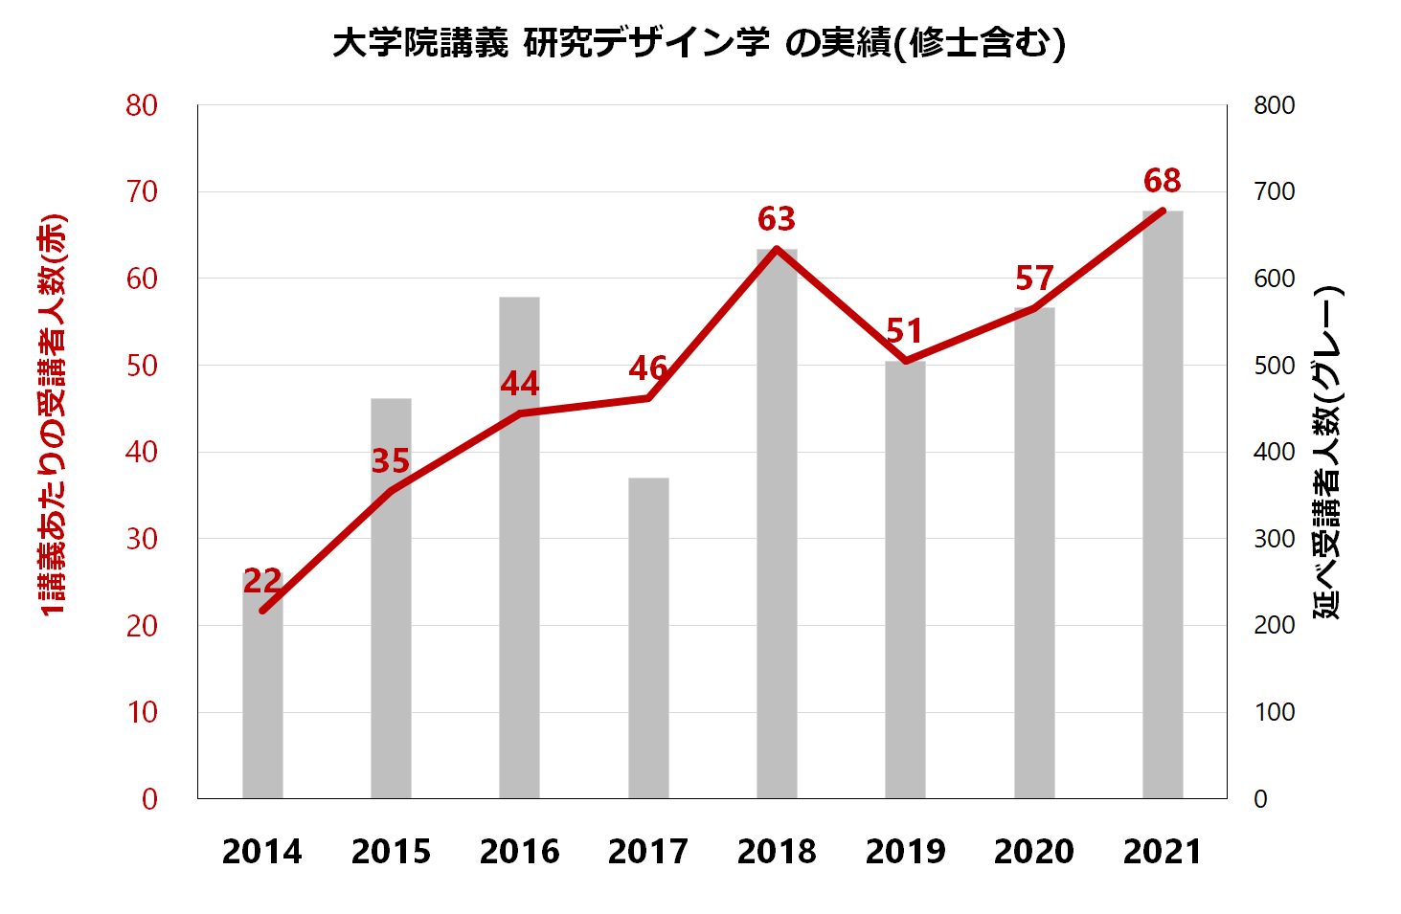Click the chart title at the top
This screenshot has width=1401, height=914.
(x=699, y=43)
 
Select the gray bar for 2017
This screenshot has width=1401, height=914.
(x=648, y=637)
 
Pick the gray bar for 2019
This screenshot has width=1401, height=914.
(x=905, y=579)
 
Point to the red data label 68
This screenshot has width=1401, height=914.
(x=1163, y=180)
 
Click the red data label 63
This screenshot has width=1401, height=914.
(x=777, y=219)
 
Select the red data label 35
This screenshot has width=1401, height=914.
(x=391, y=461)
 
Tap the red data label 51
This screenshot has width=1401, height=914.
(x=905, y=331)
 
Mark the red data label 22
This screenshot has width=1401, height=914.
(x=262, y=581)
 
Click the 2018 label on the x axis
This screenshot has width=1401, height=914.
(x=777, y=851)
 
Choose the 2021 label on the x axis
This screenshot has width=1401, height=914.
(x=1163, y=851)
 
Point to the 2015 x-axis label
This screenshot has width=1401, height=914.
(x=391, y=851)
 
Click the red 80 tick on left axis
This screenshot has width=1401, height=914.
(x=142, y=105)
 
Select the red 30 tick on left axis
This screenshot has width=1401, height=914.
(x=142, y=539)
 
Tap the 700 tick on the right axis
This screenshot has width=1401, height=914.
(x=1275, y=191)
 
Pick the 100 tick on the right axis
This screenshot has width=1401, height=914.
(x=1275, y=712)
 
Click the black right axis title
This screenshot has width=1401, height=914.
(x=1327, y=452)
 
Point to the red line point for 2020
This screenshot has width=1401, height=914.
(x=1034, y=308)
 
